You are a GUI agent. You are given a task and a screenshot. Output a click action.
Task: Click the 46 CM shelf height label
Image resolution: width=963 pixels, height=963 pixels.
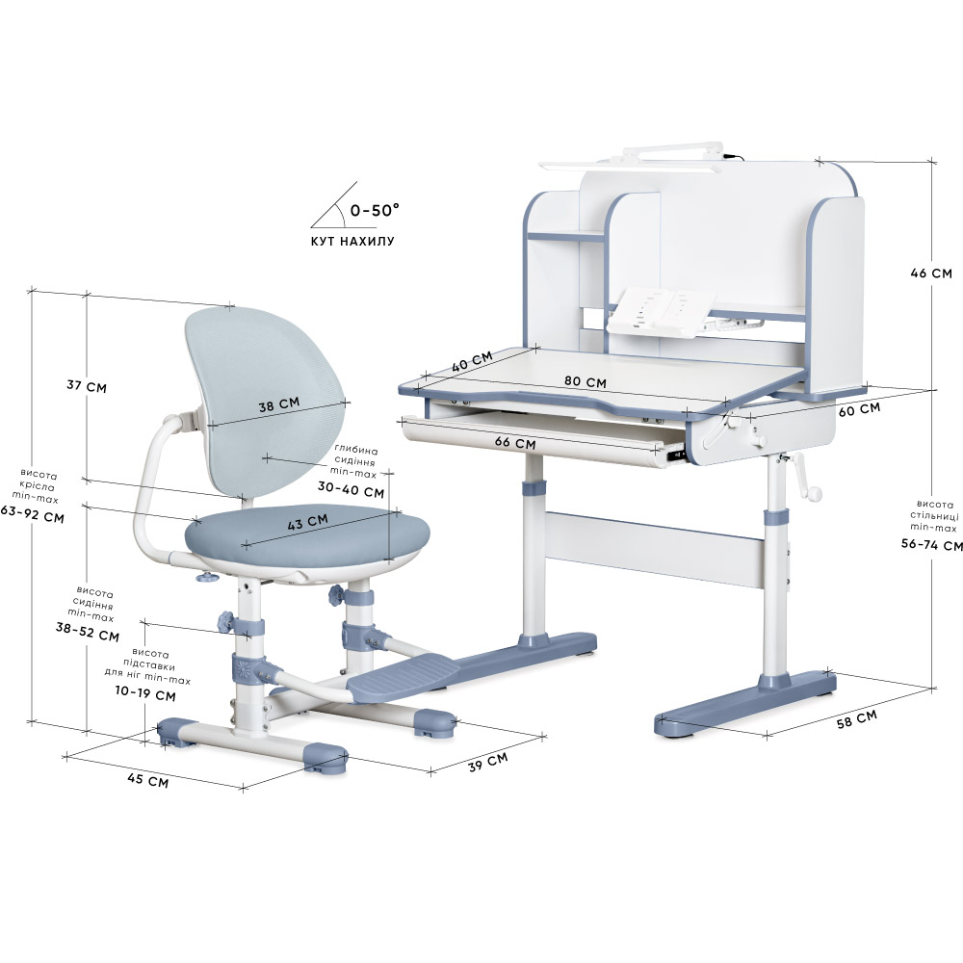(931, 273)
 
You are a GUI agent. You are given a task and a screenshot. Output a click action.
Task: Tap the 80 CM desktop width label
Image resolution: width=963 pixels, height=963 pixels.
(586, 381)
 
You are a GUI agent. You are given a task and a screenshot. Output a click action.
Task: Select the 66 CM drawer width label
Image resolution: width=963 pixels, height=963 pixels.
(515, 442)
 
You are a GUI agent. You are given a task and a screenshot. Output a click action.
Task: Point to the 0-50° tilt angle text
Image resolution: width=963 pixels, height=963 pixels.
(375, 210)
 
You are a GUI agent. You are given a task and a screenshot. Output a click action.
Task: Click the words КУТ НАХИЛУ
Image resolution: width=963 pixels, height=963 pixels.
(352, 241)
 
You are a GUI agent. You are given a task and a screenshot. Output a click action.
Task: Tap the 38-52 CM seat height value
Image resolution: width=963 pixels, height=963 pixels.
(88, 631)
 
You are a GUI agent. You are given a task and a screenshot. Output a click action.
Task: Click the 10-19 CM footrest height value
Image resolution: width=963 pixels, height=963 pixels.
(145, 692)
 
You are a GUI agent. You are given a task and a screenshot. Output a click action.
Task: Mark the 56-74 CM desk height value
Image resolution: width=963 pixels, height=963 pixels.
(931, 544)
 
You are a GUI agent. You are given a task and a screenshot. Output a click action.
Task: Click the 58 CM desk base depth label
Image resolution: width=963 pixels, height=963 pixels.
(857, 718)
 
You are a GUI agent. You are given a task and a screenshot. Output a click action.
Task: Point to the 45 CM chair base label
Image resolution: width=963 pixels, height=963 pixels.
(147, 779)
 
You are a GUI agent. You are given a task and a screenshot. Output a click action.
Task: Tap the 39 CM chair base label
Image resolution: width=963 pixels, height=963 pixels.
(487, 762)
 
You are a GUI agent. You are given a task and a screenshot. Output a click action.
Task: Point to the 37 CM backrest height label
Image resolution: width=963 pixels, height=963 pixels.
(87, 386)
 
